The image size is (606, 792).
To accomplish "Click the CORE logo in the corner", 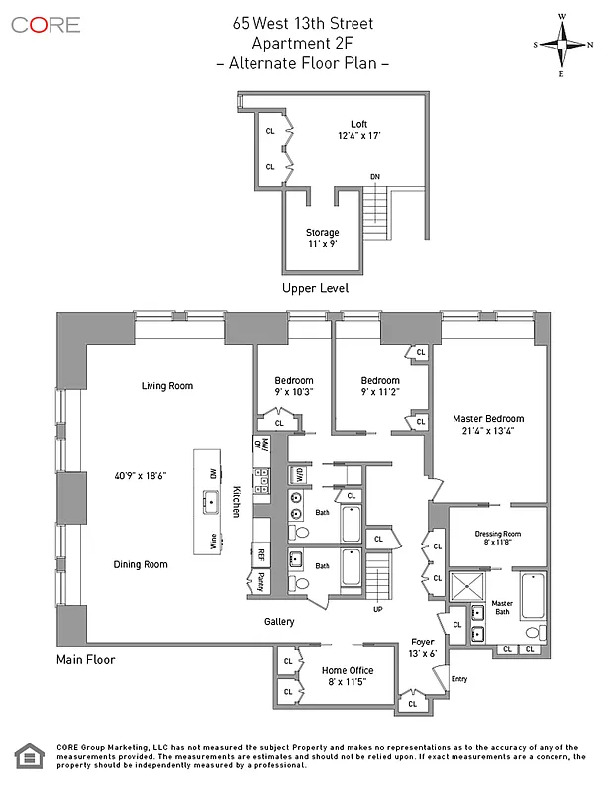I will (47, 24).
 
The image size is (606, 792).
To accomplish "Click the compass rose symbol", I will (564, 44).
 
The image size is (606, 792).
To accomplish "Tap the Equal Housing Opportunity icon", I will (27, 758).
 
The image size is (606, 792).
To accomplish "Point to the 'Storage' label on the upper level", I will (322, 233).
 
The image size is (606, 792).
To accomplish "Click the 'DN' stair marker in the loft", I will (375, 177).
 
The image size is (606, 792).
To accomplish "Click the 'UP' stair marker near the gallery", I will (377, 608).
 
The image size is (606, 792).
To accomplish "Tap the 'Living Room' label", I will (166, 386).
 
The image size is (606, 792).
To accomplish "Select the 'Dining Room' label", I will (140, 564).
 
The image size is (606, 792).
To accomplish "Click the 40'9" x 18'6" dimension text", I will (140, 476).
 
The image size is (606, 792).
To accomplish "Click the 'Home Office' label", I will (348, 670).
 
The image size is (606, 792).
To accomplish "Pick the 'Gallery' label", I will (279, 622).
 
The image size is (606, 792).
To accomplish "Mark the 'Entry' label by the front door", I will (458, 679).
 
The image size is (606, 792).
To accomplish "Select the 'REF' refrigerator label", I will (261, 555).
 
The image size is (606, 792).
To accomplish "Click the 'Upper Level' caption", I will (316, 288).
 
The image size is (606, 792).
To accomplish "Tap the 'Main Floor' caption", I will (86, 659).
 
